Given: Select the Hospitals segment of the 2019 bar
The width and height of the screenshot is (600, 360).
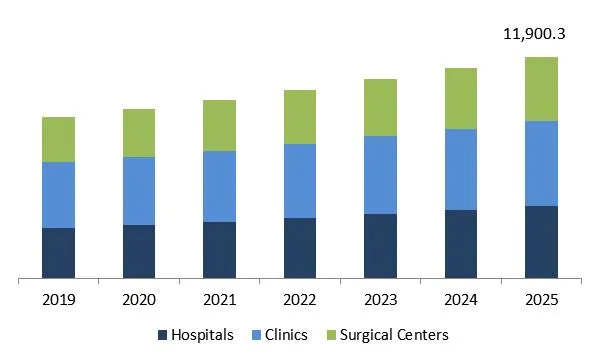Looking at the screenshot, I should [x=59, y=252].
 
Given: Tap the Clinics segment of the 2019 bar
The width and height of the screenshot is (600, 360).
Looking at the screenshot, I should [x=59, y=195].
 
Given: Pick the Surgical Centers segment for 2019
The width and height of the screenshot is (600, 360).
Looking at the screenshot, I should [x=59, y=139].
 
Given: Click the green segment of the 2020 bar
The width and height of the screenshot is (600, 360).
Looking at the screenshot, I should [x=139, y=133].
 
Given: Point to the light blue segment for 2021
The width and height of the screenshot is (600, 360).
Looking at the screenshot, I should [x=219, y=186].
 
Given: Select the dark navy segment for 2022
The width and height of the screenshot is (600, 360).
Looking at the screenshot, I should [x=300, y=247].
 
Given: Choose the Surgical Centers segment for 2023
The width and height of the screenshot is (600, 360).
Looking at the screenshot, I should [x=380, y=107].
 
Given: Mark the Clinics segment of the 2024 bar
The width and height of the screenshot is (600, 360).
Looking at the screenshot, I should [x=461, y=169].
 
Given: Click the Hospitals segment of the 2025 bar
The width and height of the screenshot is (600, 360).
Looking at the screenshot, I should [x=541, y=241].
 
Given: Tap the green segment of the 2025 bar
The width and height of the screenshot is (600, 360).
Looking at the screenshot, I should [x=541, y=89].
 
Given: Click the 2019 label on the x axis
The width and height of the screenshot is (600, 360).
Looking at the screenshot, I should [x=59, y=299].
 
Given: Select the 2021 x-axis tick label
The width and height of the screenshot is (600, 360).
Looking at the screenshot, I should [x=219, y=299].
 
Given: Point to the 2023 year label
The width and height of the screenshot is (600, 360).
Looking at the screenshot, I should [x=380, y=299].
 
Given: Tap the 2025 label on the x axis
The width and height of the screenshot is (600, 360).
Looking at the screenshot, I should [x=541, y=299].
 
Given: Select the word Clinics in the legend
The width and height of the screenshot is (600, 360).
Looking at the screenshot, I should [x=287, y=335].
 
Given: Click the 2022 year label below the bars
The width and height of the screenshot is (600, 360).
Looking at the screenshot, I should [x=300, y=299].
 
